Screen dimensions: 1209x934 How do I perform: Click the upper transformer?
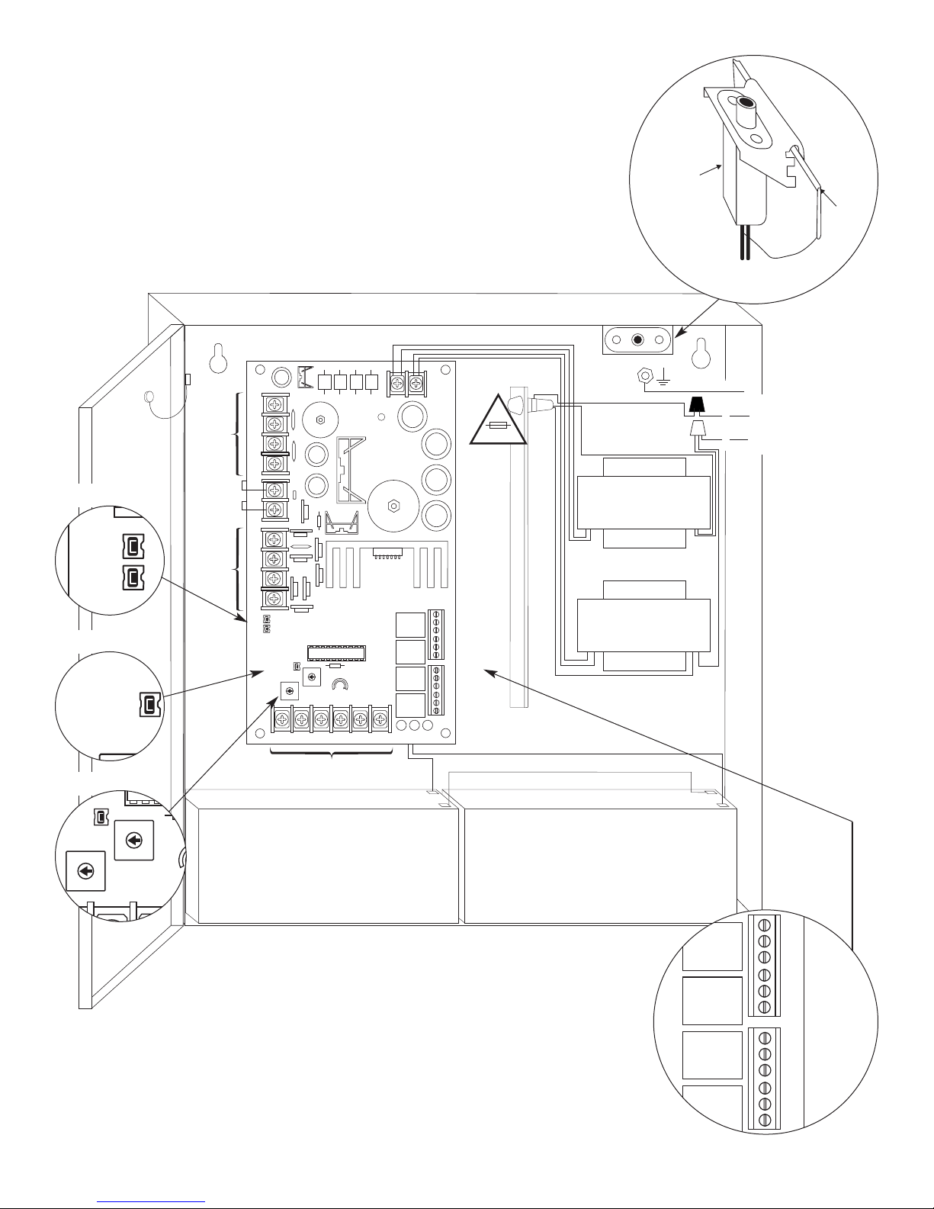[644, 503]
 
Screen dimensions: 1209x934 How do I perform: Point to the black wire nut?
[696, 404]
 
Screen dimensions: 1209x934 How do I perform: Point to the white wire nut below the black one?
[696, 429]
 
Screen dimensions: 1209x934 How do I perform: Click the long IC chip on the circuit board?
[336, 652]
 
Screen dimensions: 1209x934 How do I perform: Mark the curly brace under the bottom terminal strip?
[331, 756]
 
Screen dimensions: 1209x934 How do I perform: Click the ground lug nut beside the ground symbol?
[644, 375]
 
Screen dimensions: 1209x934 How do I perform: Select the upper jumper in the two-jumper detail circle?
[131, 546]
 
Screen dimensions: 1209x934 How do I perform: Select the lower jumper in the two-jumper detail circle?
[131, 577]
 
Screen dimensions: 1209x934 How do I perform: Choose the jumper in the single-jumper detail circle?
[147, 706]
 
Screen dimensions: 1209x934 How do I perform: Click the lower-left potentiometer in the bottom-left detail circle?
[85, 870]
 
